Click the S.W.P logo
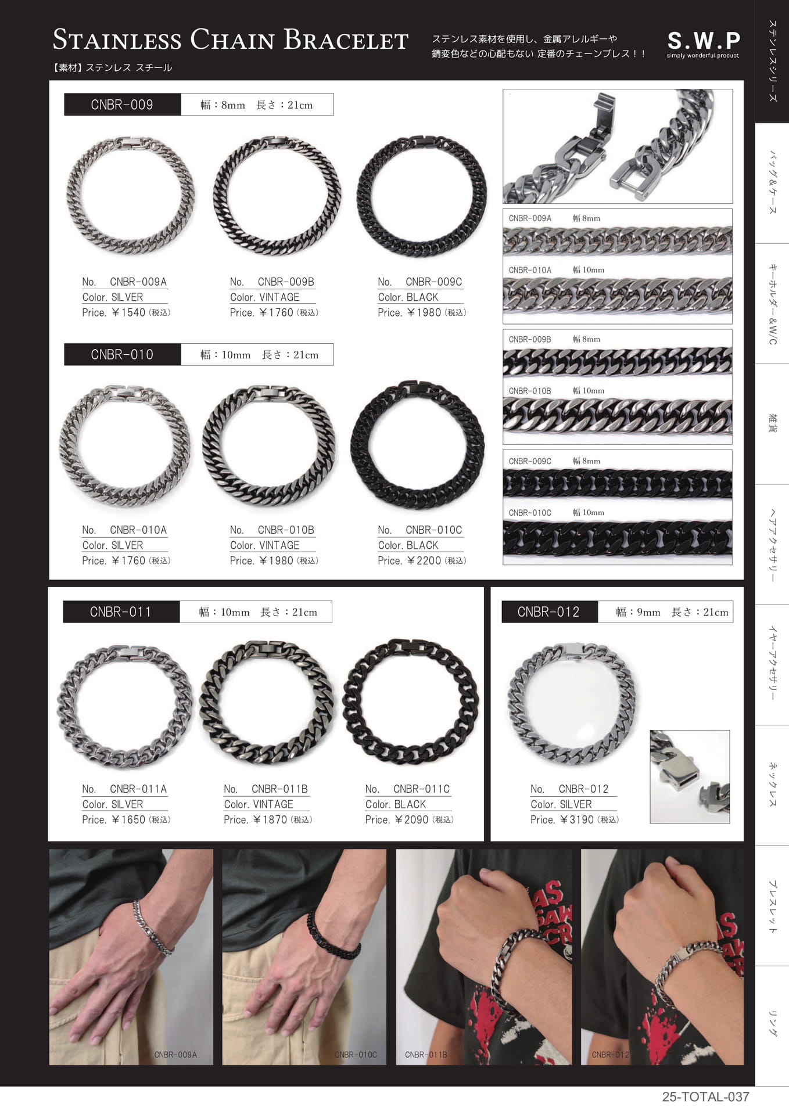click(x=703, y=44)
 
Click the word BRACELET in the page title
click(x=346, y=39)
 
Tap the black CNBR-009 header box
click(x=122, y=105)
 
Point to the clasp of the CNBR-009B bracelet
click(x=277, y=142)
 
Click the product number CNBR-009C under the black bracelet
click(x=433, y=282)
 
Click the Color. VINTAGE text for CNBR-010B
click(x=264, y=545)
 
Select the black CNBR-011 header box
click(x=121, y=612)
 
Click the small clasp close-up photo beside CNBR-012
click(x=690, y=776)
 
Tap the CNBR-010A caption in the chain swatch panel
click(x=530, y=270)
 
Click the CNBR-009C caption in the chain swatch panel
click(x=530, y=461)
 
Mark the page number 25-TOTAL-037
click(x=705, y=1097)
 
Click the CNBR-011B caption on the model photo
click(x=426, y=1055)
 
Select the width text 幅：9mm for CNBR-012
click(x=638, y=612)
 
